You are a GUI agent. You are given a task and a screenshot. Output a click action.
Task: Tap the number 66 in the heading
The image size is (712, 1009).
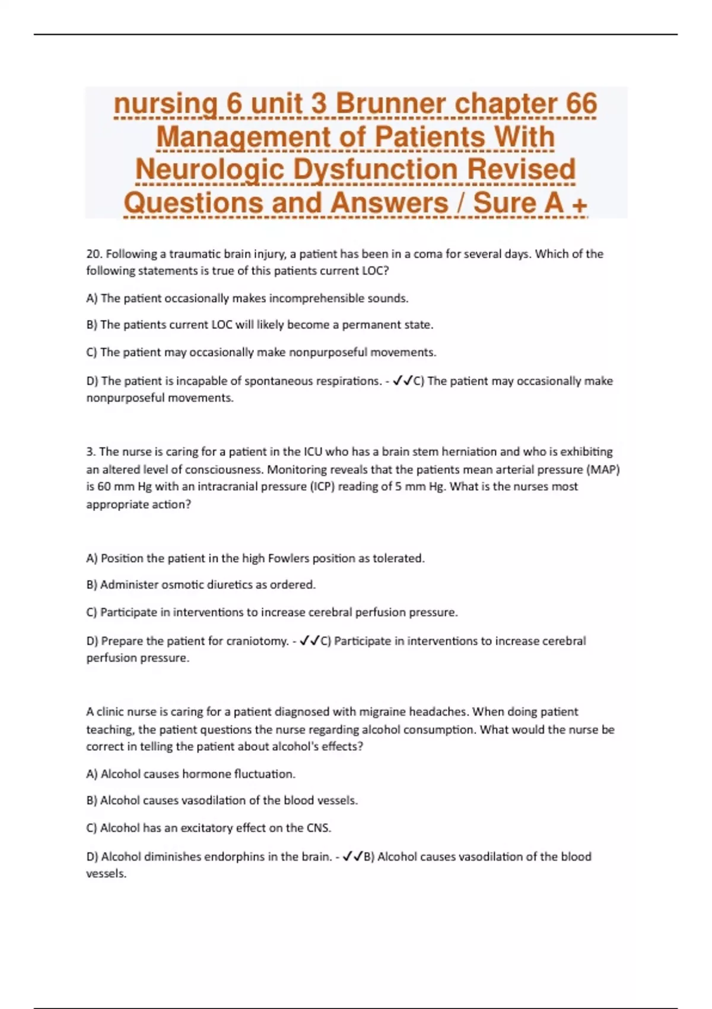(x=581, y=104)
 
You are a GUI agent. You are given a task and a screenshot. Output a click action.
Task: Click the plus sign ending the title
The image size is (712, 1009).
(x=579, y=205)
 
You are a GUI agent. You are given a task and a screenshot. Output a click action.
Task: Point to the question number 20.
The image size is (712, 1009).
(x=94, y=254)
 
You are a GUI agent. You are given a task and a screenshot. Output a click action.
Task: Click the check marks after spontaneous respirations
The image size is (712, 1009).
(x=403, y=380)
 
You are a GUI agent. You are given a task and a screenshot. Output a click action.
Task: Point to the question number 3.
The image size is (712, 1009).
(x=90, y=452)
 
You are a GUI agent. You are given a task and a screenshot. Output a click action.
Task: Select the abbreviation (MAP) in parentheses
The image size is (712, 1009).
(x=603, y=469)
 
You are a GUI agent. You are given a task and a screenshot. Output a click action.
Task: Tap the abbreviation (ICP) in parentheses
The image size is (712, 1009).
(x=328, y=487)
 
